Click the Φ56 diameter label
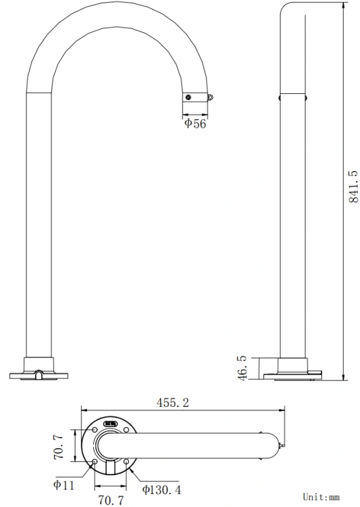click(195, 124)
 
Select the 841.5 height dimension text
click(353, 187)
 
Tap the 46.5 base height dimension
click(242, 368)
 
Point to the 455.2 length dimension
click(172, 403)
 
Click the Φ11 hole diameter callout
click(63, 485)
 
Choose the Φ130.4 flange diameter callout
click(161, 490)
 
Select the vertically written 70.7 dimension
click(59, 447)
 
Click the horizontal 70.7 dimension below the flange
click(111, 500)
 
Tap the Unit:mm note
click(321, 497)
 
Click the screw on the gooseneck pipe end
click(188, 97)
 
